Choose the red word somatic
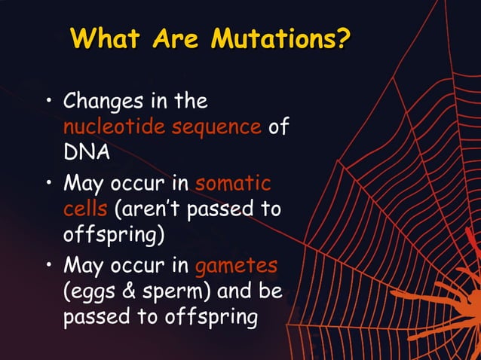[x=234, y=183]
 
